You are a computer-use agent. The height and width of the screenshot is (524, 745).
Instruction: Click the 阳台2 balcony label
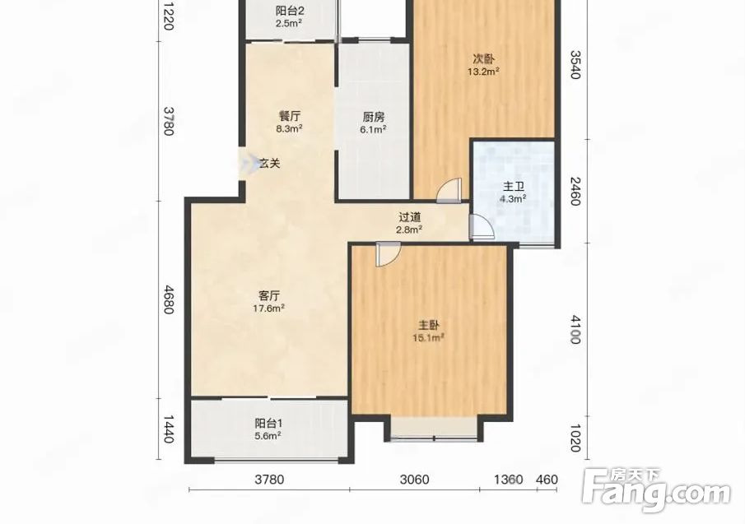point(289,11)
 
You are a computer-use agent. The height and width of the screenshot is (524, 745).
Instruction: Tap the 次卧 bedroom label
point(483,59)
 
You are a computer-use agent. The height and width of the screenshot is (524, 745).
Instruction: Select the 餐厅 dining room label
point(289,116)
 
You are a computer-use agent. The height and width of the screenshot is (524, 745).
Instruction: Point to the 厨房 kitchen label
point(374,117)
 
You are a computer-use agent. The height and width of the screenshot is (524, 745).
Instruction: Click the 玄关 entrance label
point(269,164)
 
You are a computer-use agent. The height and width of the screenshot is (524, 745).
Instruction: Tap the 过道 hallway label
point(410,217)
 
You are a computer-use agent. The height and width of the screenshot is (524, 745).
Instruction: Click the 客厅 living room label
point(269,296)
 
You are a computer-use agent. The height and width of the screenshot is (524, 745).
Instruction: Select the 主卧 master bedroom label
point(429,326)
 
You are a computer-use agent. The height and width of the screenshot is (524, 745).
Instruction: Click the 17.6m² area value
point(269,308)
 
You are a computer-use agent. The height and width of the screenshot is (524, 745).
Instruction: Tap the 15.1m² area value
point(429,337)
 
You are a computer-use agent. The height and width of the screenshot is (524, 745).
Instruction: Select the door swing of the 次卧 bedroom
point(449,190)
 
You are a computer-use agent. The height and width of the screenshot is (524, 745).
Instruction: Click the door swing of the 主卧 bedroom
point(388,254)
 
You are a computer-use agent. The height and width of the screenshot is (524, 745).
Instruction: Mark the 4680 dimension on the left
point(168,299)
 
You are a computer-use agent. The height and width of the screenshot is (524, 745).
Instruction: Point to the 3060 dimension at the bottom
point(414,480)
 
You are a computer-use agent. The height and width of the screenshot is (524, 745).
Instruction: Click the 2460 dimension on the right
point(575,191)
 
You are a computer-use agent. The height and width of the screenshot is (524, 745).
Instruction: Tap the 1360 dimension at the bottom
point(509,480)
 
